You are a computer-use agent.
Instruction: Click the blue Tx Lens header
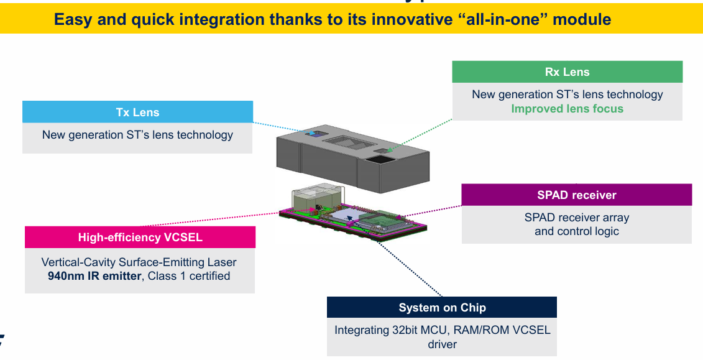point(137,112)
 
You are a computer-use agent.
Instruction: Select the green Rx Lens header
point(567,72)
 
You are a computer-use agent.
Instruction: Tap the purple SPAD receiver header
point(576,195)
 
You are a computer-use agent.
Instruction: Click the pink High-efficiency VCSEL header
point(140,237)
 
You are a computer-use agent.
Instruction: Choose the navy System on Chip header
point(442,308)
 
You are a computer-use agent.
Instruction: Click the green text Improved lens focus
point(567,109)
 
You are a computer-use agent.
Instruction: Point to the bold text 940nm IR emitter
point(94,276)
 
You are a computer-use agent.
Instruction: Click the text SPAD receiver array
point(577,218)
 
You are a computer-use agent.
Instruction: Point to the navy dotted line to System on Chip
point(410,268)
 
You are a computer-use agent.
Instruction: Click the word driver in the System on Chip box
point(442,344)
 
